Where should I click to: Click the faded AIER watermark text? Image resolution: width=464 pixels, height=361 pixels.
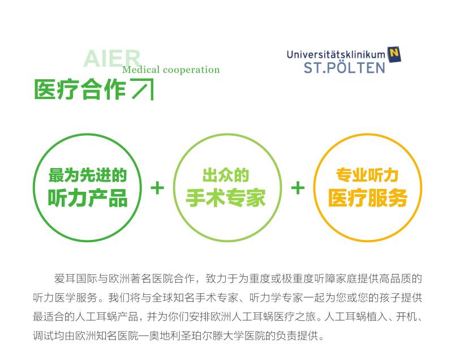pyautogui.click(x=112, y=58)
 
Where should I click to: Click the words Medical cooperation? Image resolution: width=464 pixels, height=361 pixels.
pyautogui.click(x=171, y=70)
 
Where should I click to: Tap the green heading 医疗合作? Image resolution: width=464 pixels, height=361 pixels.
pyautogui.click(x=80, y=89)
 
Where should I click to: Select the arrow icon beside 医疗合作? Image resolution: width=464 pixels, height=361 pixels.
pyautogui.click(x=143, y=89)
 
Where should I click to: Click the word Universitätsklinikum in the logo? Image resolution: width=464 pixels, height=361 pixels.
pyautogui.click(x=336, y=54)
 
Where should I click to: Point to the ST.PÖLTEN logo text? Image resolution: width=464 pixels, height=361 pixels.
pyautogui.click(x=345, y=68)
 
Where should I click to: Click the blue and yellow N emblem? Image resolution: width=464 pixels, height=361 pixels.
pyautogui.click(x=394, y=54)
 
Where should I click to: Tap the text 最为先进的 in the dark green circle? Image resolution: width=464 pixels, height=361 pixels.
pyautogui.click(x=88, y=175)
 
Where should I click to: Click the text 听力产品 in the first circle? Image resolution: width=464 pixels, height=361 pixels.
pyautogui.click(x=88, y=197)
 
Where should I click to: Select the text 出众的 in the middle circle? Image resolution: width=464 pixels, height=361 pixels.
pyautogui.click(x=226, y=175)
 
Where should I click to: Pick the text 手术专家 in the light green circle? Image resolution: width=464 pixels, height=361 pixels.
pyautogui.click(x=226, y=197)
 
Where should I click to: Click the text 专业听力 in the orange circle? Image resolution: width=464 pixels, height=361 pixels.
pyautogui.click(x=367, y=175)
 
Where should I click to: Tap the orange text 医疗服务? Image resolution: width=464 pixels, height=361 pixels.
pyautogui.click(x=368, y=197)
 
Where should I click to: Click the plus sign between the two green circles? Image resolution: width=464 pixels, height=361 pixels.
pyautogui.click(x=157, y=188)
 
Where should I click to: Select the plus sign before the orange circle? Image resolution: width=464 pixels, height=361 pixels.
pyautogui.click(x=298, y=188)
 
